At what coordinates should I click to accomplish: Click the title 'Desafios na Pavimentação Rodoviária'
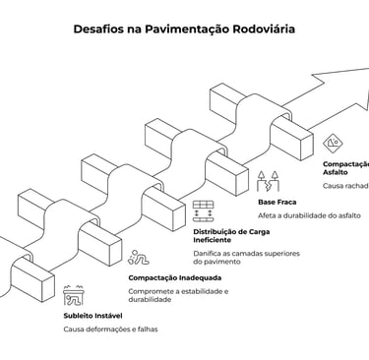184,29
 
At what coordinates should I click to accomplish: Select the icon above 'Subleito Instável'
73,295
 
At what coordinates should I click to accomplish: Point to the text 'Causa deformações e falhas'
110,330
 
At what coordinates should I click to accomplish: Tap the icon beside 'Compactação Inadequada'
138,260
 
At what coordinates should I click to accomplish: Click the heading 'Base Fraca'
277,201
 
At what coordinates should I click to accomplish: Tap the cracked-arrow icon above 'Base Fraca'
267,181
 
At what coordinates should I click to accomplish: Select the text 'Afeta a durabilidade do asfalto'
309,214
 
